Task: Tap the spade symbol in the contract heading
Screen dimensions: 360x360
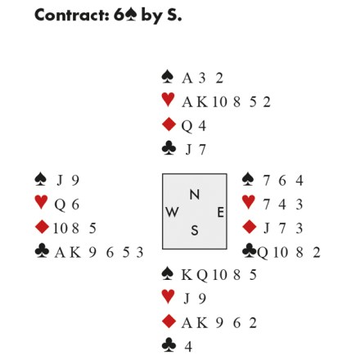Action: [131, 15]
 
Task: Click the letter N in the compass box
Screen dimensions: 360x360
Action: [195, 195]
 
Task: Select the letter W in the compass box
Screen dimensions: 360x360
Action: [172, 212]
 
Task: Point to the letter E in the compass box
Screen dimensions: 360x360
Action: [220, 212]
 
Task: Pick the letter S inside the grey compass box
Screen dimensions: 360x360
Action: [195, 231]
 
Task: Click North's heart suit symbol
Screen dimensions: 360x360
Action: [168, 100]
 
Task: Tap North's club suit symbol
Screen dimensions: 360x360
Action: [169, 148]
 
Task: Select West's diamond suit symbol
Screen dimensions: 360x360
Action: [43, 227]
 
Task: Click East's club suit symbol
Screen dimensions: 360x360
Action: [250, 250]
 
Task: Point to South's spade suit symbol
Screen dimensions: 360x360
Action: [168, 273]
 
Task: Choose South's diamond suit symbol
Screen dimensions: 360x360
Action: [169, 322]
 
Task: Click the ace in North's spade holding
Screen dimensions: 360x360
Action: [187, 79]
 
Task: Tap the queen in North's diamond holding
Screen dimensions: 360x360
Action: [187, 127]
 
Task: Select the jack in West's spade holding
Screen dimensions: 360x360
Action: [59, 181]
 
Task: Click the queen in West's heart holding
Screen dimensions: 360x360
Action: [60, 205]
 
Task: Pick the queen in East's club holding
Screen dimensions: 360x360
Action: [263, 253]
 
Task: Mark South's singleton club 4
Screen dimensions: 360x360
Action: [188, 347]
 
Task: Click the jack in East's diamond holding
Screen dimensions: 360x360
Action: [267, 228]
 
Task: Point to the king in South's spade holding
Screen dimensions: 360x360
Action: [187, 275]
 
